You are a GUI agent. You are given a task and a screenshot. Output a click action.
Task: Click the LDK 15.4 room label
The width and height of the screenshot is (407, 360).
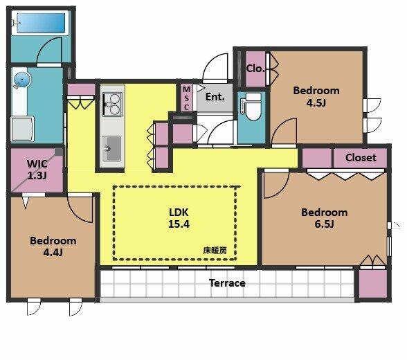click(x=179, y=217)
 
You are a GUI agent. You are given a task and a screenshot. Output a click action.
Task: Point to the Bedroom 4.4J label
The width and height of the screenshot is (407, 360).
click(x=53, y=246)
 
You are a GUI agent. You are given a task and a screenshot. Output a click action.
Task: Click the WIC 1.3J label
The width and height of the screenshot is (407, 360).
click(x=37, y=169)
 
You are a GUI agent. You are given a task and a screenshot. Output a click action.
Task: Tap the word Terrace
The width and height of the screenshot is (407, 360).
click(x=227, y=283)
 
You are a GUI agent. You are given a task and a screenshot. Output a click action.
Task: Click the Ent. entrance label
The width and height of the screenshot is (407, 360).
click(x=215, y=97)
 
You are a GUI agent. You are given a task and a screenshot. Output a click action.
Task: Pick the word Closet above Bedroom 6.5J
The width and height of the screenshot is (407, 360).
click(x=361, y=157)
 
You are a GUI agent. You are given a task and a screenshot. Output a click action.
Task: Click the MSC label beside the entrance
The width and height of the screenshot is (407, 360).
click(x=186, y=98)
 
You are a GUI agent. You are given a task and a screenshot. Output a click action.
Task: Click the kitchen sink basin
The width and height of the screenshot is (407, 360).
click(x=111, y=147)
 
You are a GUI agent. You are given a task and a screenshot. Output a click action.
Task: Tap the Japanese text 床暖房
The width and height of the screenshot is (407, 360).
click(x=215, y=250)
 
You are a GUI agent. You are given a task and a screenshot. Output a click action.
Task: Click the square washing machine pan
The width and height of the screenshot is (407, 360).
click(x=24, y=128)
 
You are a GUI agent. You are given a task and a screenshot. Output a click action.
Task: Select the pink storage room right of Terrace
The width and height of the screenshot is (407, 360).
click(x=373, y=285)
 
